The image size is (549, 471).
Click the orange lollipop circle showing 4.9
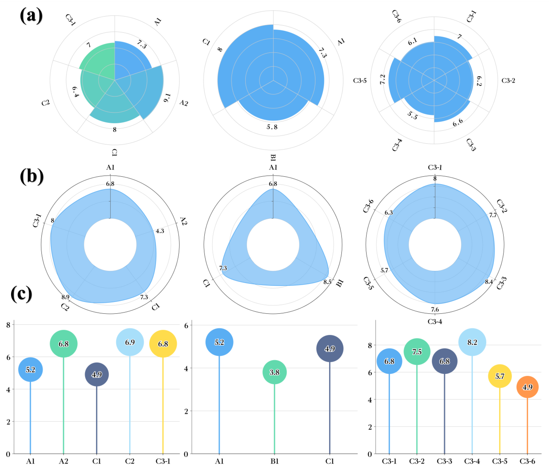point(527,387)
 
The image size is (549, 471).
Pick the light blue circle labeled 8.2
point(472,342)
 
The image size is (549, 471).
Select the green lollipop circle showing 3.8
point(274,372)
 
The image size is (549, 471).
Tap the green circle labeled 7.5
point(417,352)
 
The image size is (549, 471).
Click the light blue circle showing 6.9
point(130,342)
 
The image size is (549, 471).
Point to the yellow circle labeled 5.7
point(499,376)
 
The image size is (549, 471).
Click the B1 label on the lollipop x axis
point(274,461)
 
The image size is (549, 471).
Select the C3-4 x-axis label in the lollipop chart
point(472,461)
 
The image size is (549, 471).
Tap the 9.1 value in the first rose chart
point(167,98)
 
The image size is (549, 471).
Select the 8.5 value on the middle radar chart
point(327,282)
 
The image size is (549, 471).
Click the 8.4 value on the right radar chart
point(489,282)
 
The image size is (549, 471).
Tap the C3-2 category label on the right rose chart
point(508,80)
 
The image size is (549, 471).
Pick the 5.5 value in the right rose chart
point(412,115)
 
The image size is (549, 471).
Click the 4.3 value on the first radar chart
point(160,231)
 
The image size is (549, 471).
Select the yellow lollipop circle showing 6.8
point(163,344)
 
